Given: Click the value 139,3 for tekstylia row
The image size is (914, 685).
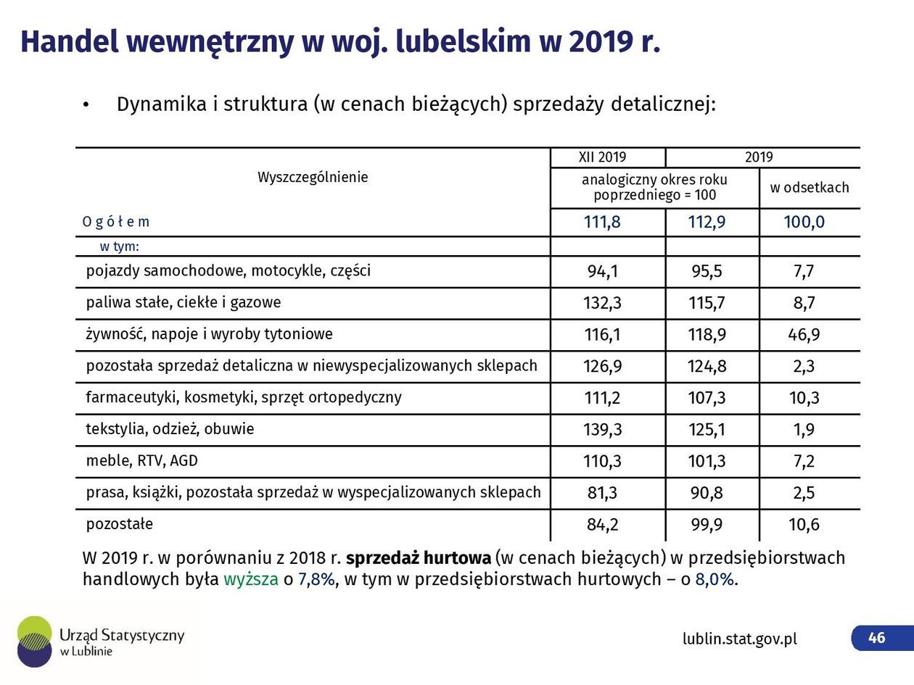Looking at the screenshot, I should (603, 430).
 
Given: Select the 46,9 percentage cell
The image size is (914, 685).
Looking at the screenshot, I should (804, 335).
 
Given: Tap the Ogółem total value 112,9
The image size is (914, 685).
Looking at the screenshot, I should (707, 222).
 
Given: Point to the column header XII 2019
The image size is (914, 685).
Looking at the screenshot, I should (602, 157).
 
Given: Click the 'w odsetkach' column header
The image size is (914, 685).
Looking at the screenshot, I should (810, 188).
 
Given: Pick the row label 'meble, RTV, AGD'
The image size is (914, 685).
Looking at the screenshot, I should (142, 461).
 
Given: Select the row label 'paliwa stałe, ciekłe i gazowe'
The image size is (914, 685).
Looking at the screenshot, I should (184, 302).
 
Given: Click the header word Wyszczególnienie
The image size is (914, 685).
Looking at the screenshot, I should (313, 178).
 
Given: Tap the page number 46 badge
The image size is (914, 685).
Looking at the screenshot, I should (877, 638).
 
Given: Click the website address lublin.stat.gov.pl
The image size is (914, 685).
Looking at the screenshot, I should (739, 639).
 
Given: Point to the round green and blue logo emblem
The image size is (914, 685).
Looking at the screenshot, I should (35, 642).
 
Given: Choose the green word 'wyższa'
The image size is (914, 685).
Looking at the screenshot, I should (251, 579).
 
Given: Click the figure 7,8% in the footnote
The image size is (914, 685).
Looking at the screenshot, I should (316, 579).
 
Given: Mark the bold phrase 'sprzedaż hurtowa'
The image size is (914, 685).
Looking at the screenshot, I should (418, 558).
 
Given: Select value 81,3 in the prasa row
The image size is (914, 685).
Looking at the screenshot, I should (602, 493).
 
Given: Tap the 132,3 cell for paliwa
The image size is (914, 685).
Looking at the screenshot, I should (602, 303).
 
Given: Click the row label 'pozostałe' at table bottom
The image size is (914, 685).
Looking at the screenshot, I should (120, 523).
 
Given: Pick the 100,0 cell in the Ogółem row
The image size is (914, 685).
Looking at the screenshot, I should (804, 222).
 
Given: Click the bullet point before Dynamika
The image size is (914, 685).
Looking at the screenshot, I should (86, 105).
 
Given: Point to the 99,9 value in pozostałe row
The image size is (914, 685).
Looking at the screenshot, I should (707, 525).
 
